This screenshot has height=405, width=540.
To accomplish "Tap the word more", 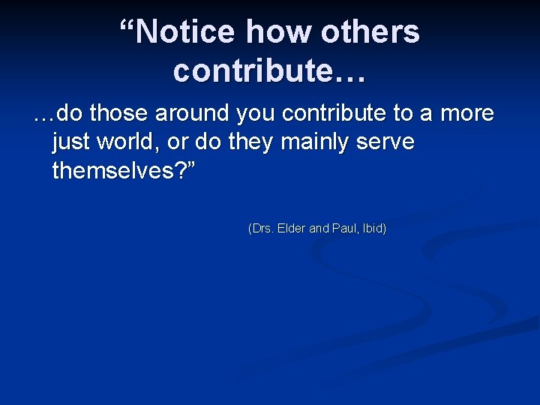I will tap(466, 114).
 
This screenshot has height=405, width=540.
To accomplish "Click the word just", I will tap(68, 142).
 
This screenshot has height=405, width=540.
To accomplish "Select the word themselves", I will tap(116, 171).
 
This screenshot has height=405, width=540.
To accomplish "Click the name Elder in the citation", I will tap(292, 228).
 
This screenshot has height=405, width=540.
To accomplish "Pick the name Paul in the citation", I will tap(344, 228).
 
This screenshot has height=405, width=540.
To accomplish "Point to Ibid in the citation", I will tap(372, 228).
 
